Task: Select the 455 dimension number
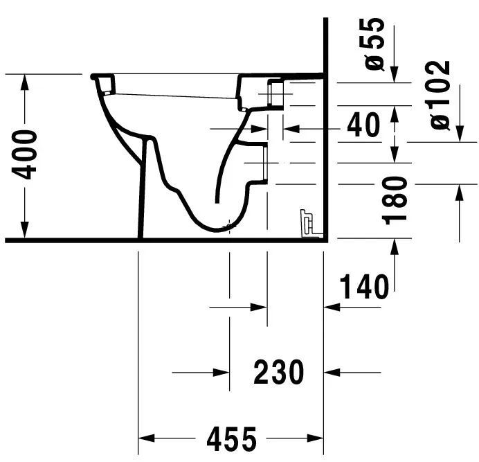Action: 231,438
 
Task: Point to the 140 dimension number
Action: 364,287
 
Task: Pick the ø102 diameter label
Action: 440,95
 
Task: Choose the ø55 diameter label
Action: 374,44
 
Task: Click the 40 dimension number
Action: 364,125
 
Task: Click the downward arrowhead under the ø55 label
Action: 395,74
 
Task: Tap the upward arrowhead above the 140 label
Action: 395,247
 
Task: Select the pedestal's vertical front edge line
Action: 143,187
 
